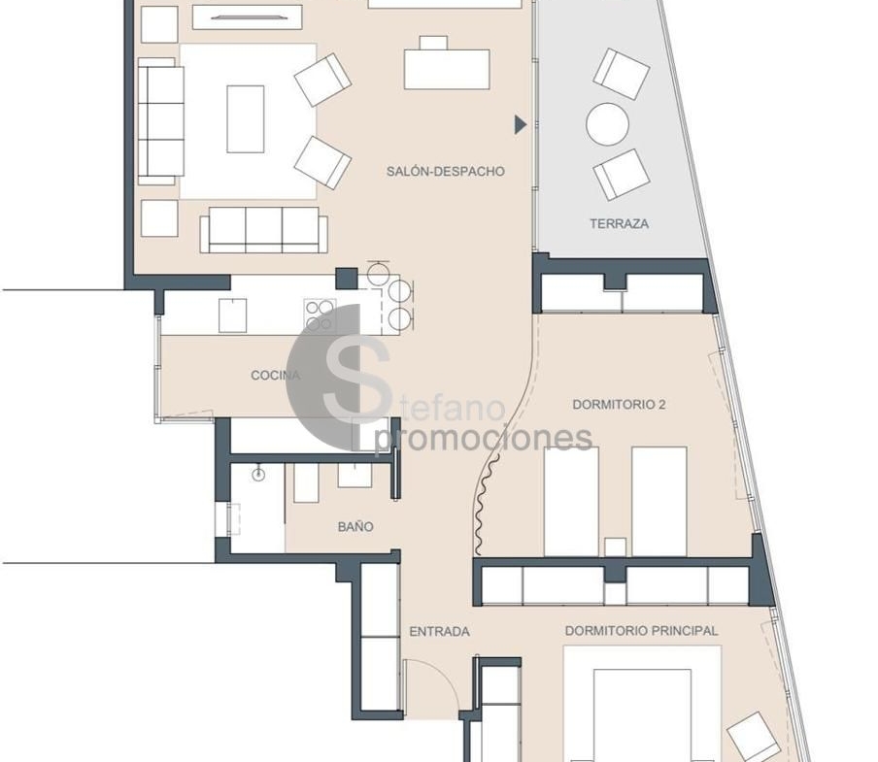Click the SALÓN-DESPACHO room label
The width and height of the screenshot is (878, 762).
[446, 171]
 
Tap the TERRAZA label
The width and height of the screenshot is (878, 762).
[619, 224]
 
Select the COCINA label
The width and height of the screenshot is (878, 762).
[276, 375]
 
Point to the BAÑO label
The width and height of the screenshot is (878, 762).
[355, 526]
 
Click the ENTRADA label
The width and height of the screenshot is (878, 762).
[440, 632]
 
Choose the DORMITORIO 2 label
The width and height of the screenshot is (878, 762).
[619, 405]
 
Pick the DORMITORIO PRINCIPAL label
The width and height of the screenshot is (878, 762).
[641, 631]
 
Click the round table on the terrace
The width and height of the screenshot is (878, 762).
[607, 123]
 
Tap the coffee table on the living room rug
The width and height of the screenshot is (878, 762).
[246, 118]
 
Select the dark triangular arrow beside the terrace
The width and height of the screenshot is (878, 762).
[521, 125]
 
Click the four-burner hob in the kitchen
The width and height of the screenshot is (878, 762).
[321, 315]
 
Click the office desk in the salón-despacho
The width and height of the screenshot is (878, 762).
[447, 69]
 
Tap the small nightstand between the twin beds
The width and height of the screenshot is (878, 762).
[615, 547]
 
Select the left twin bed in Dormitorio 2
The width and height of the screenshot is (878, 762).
[571, 501]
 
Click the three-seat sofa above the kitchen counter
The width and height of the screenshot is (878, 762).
[264, 230]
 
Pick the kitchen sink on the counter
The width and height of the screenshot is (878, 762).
[232, 315]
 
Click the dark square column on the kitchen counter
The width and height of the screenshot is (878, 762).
[347, 279]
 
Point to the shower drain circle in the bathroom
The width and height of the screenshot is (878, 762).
[258, 475]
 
